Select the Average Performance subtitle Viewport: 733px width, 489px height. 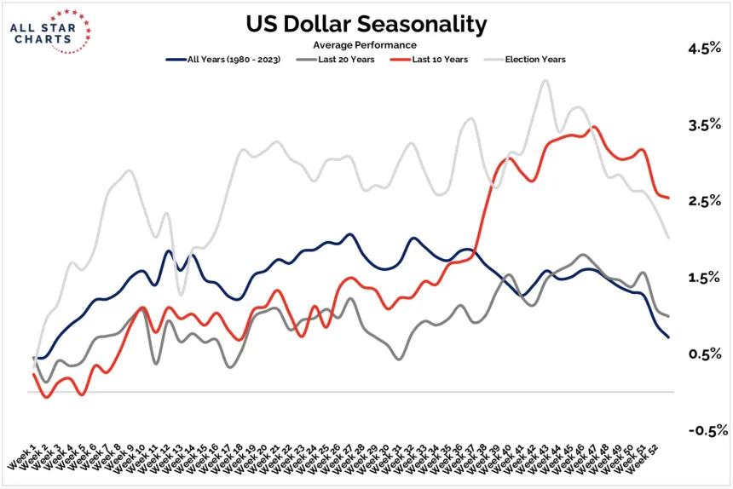[x=366, y=44]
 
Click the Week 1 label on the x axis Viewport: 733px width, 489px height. [x=22, y=457]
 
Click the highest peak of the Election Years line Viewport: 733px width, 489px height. [x=544, y=81]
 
